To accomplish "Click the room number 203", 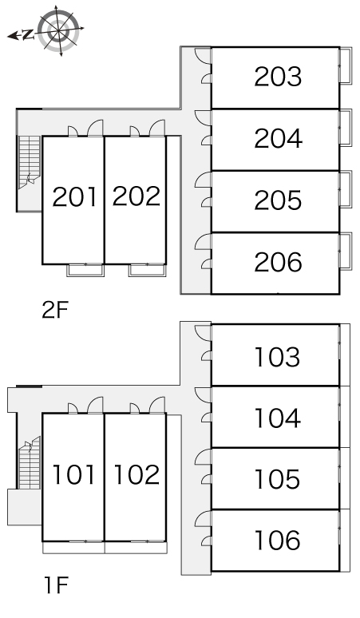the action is coord(278,77).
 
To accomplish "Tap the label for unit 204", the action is coord(278,138).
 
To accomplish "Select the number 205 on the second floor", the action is coord(278,200).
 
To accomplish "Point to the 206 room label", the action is coord(278,262).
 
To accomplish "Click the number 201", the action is coord(74,196).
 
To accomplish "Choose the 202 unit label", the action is coord(136,196).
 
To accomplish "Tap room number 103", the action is coord(277,357).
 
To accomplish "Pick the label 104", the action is coord(278,418).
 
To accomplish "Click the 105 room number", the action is coord(277,479).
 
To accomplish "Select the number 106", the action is coord(277,541).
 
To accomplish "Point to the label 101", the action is coord(73,474).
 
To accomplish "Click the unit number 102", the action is coord(136,474).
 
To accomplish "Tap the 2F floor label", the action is coord(55,310).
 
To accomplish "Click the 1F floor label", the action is coord(57,585).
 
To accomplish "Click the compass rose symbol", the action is coord(59,30).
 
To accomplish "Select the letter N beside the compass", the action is coord(28,35).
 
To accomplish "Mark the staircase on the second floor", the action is coord(30,162).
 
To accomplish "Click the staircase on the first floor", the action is coord(30,463).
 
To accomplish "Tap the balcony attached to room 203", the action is coord(346,65).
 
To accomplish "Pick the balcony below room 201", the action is coord(85,271).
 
